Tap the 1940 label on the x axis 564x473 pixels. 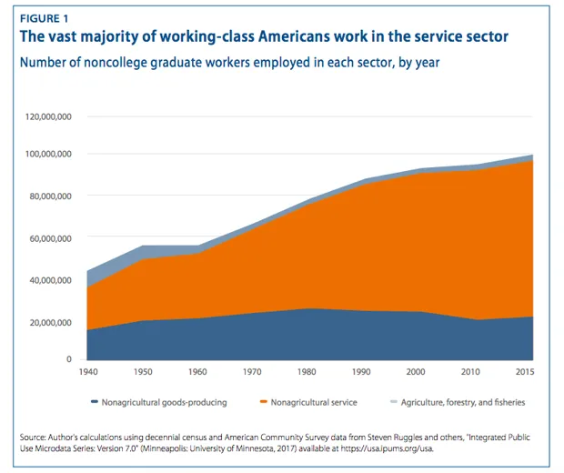point(88,373)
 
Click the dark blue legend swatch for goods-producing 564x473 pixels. point(94,402)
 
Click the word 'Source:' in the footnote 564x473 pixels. point(35,436)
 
